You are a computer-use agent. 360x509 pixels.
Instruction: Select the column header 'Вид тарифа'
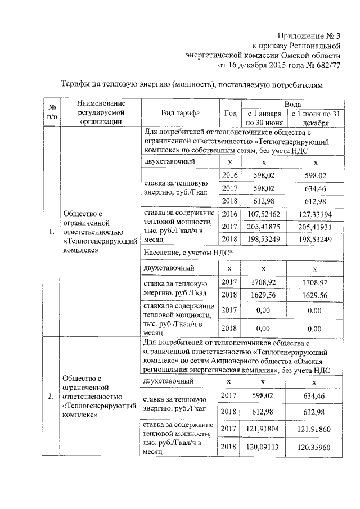tap(180, 113)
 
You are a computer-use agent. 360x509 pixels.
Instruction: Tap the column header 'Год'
tap(230, 113)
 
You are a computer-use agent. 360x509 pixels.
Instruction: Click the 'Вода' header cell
tap(291, 105)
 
